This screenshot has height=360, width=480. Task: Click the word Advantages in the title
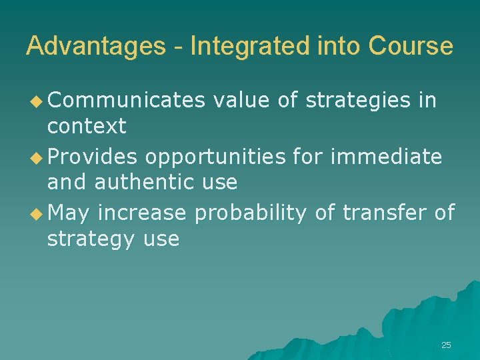(x=95, y=47)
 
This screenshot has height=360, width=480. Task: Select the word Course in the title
(x=411, y=47)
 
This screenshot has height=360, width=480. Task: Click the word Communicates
(x=126, y=101)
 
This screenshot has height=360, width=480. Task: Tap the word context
(x=87, y=125)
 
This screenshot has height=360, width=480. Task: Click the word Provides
(x=93, y=157)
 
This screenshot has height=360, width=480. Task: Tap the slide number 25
(x=446, y=345)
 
